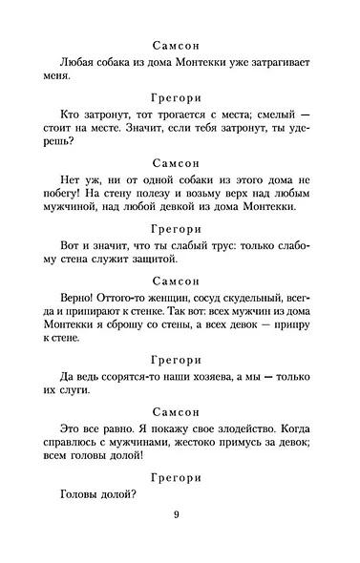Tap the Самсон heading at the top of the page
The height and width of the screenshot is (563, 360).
[x=179, y=44]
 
